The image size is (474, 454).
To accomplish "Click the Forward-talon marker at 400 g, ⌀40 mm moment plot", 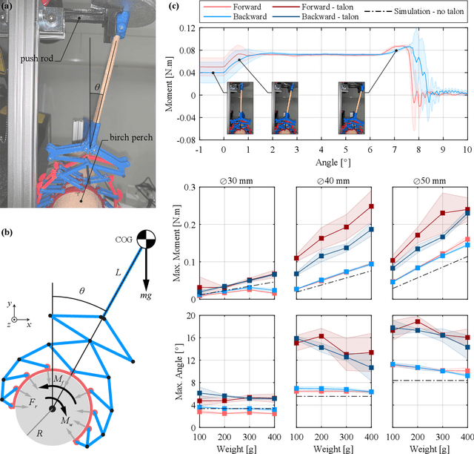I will click(x=372, y=206).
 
